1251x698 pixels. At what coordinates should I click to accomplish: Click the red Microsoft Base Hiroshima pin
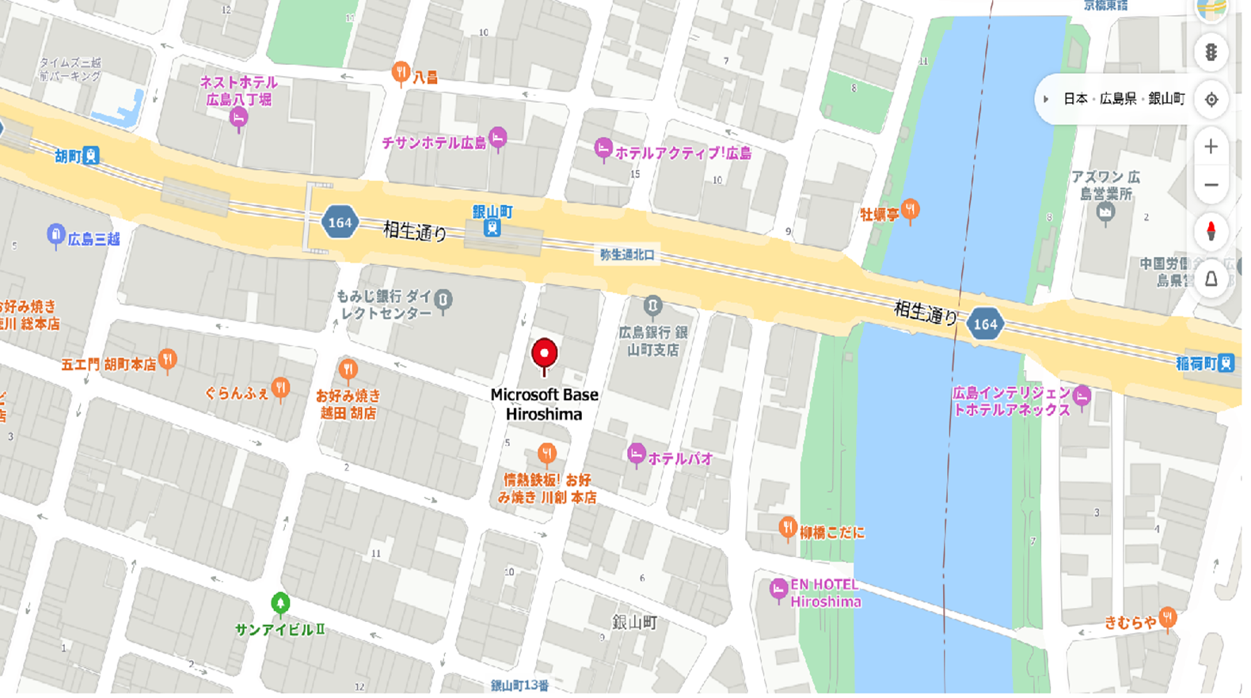tap(544, 355)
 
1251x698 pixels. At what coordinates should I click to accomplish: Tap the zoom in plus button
tap(1211, 147)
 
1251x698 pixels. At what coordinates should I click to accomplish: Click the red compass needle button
tap(1211, 231)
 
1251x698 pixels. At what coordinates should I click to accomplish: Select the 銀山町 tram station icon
tap(492, 228)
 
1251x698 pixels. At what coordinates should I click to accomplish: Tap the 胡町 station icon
tap(91, 155)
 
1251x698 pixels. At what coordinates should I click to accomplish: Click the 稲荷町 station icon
tap(1226, 363)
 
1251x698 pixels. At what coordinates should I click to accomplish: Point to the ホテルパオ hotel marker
tap(635, 454)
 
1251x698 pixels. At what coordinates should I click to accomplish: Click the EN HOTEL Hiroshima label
tap(824, 593)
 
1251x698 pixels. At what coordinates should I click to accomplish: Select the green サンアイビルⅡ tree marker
tap(279, 604)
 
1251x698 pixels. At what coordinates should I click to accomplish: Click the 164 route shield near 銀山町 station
tap(340, 222)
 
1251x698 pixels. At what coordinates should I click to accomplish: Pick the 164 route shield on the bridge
tap(985, 324)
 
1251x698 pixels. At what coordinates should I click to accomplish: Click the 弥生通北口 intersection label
tap(627, 255)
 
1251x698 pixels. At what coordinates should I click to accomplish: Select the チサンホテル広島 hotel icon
tap(497, 138)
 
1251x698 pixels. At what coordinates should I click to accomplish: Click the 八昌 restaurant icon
tap(401, 74)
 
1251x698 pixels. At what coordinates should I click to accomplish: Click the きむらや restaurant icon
tap(1168, 616)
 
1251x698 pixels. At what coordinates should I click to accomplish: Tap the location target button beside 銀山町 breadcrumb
tap(1211, 100)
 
